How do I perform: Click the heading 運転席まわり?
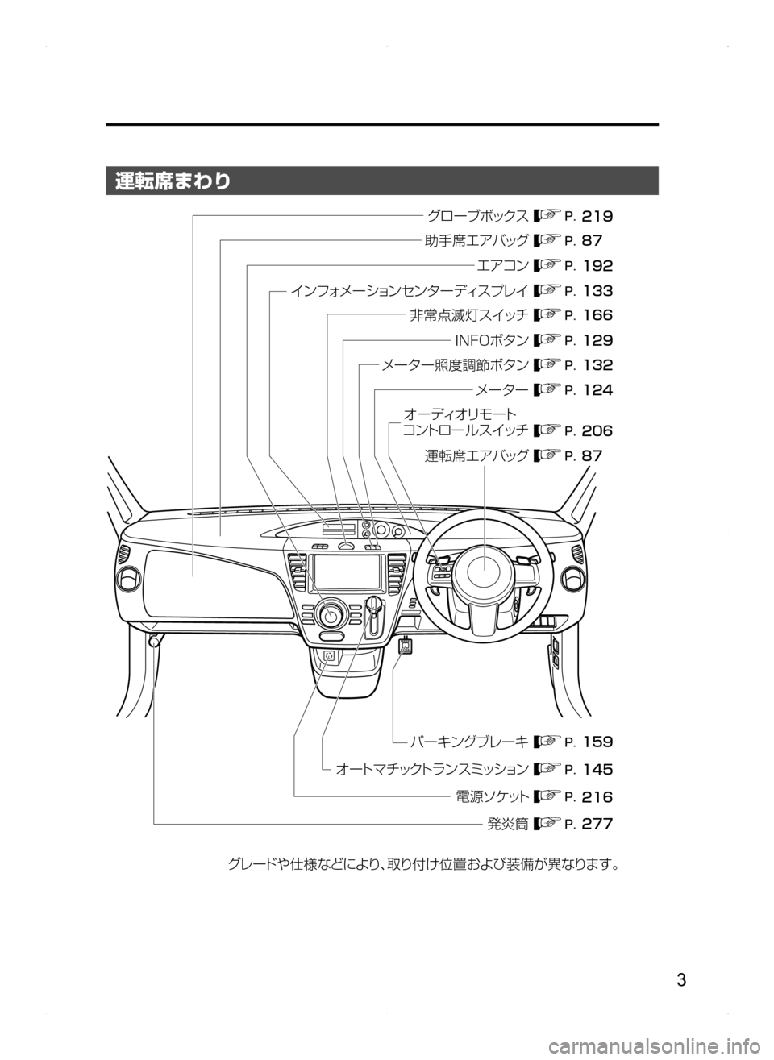point(173,181)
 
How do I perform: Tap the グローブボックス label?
point(477,216)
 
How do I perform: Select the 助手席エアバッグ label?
point(474,240)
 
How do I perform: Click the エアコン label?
point(501,264)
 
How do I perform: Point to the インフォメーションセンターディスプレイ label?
point(408,289)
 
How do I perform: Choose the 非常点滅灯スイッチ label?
point(466,314)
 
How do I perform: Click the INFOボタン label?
point(493,339)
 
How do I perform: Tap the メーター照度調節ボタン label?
point(455,364)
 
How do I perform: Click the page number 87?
point(593,456)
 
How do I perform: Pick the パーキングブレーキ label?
point(467,741)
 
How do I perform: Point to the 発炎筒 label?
point(506,824)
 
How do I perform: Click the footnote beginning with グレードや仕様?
point(425,866)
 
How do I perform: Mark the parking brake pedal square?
point(406,645)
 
